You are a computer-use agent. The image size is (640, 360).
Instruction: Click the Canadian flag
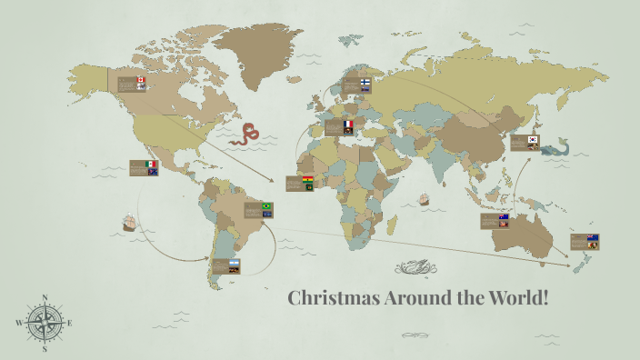(141, 80)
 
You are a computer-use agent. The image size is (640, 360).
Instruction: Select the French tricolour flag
(346, 123)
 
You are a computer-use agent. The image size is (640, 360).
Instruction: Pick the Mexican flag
(151, 164)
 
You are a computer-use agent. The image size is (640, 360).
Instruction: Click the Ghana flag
(308, 179)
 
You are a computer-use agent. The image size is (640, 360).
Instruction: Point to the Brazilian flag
(266, 206)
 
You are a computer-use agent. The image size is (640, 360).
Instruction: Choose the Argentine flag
(234, 262)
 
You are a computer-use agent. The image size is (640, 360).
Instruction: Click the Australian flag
(504, 217)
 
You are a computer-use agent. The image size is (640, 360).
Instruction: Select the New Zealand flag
(592, 238)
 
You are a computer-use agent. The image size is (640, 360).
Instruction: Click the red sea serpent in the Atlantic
(245, 135)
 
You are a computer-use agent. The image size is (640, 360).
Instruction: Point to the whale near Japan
(557, 147)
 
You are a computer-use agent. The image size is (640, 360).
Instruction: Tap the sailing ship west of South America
(129, 221)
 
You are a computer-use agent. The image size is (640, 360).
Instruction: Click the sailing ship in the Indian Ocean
(423, 199)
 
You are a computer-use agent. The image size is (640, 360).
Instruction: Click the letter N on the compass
(45, 296)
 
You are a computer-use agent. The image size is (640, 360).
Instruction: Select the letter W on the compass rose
(19, 323)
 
